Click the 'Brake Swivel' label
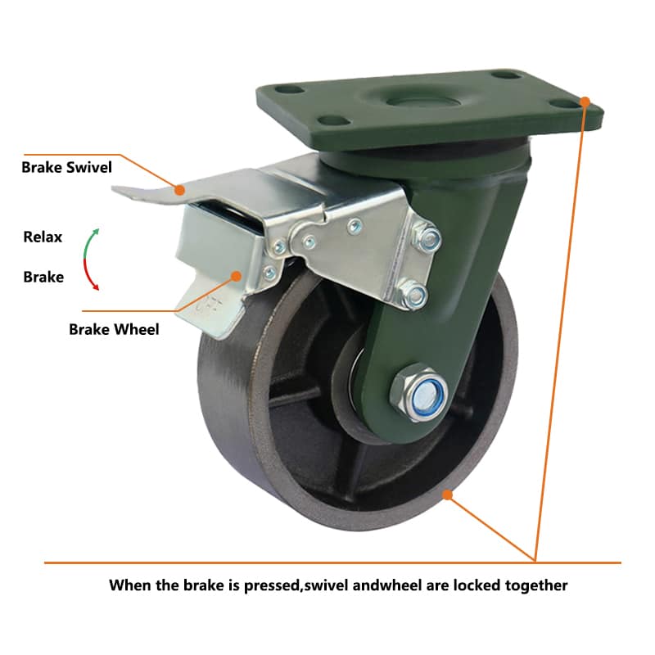(67, 168)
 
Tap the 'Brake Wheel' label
(114, 330)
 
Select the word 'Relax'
(43, 237)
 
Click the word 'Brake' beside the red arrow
(43, 277)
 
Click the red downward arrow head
(96, 287)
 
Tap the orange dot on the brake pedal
(180, 191)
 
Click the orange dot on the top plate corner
(585, 102)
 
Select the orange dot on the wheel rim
(447, 495)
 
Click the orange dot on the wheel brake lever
(237, 276)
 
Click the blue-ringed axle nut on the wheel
(420, 393)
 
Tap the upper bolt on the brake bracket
(427, 238)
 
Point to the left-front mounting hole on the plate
(333, 120)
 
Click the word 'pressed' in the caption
(273, 585)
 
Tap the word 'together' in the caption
(536, 586)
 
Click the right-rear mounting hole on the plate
(506, 75)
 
